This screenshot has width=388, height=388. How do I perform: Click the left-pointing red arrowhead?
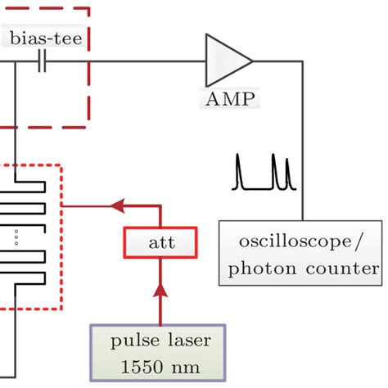tap(118, 206)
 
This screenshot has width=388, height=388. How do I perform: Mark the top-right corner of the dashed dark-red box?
tap(88, 7)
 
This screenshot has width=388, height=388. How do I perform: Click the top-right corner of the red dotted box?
tap(61, 166)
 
